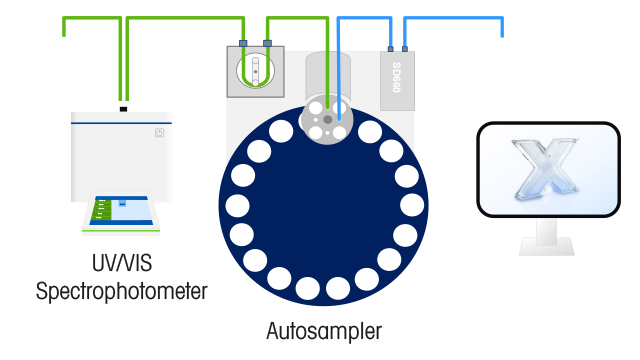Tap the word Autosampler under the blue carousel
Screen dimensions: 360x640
click(x=324, y=330)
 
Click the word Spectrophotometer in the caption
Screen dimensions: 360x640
click(x=121, y=292)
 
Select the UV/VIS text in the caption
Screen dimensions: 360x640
click(x=121, y=266)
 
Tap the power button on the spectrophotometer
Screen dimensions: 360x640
click(x=158, y=132)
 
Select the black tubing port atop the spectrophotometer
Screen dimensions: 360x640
click(x=122, y=109)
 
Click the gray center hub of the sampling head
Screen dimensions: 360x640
click(x=327, y=119)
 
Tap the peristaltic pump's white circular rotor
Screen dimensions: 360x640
click(x=256, y=71)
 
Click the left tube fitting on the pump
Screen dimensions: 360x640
click(x=243, y=43)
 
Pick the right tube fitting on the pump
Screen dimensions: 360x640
click(x=268, y=43)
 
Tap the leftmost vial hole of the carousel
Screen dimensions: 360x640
click(x=237, y=207)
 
